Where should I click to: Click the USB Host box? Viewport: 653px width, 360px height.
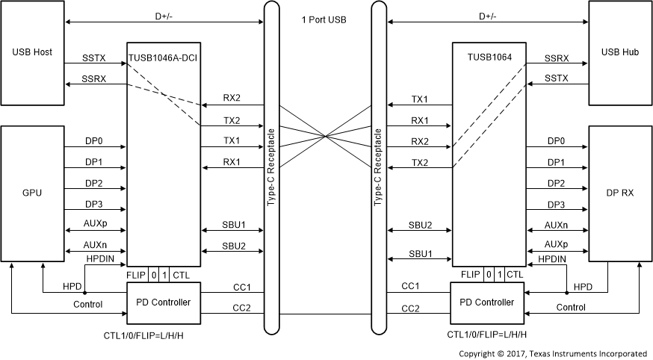32,53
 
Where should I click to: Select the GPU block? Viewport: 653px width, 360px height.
32,192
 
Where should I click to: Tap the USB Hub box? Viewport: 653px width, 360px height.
619,53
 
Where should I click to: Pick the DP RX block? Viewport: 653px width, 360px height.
619,192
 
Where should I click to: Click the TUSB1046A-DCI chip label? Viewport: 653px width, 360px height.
163,57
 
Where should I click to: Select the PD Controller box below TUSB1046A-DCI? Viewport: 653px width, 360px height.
163,302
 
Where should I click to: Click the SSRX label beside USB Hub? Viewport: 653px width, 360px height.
556,58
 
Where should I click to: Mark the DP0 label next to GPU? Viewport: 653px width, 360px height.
95,140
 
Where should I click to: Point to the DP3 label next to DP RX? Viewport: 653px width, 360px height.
556,205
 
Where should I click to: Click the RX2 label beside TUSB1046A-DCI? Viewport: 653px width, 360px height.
232,99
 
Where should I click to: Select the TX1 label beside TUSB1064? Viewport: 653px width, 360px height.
420,99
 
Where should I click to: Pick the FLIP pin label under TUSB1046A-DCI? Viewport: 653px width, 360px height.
136,275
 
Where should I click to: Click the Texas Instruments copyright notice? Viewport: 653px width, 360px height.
552,353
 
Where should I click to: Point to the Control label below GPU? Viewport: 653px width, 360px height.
87,305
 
